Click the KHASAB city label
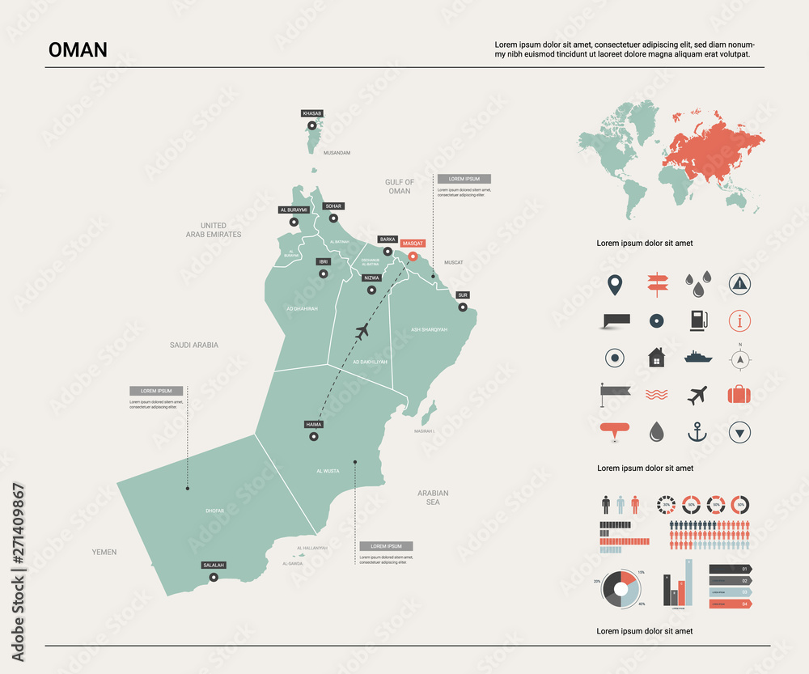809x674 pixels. coord(311,113)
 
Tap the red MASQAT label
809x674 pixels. coord(413,243)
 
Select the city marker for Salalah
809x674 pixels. coord(214,577)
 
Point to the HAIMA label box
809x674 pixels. coord(313,424)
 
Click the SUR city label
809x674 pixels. coord(463,295)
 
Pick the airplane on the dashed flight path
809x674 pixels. coord(362,330)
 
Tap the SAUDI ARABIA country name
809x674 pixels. coord(194,345)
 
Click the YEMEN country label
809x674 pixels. coord(104,552)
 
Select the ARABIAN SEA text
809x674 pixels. coord(433,498)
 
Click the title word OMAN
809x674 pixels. coord(78,50)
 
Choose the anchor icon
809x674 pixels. coord(697,432)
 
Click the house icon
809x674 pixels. coord(656,357)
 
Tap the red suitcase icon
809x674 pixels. coord(739,395)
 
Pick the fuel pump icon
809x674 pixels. coord(697,320)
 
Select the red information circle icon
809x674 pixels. coord(739,320)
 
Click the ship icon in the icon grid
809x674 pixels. coord(697,357)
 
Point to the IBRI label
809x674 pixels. coord(323,261)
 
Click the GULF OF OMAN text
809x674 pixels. coord(400,187)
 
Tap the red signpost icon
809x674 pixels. coord(655,284)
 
